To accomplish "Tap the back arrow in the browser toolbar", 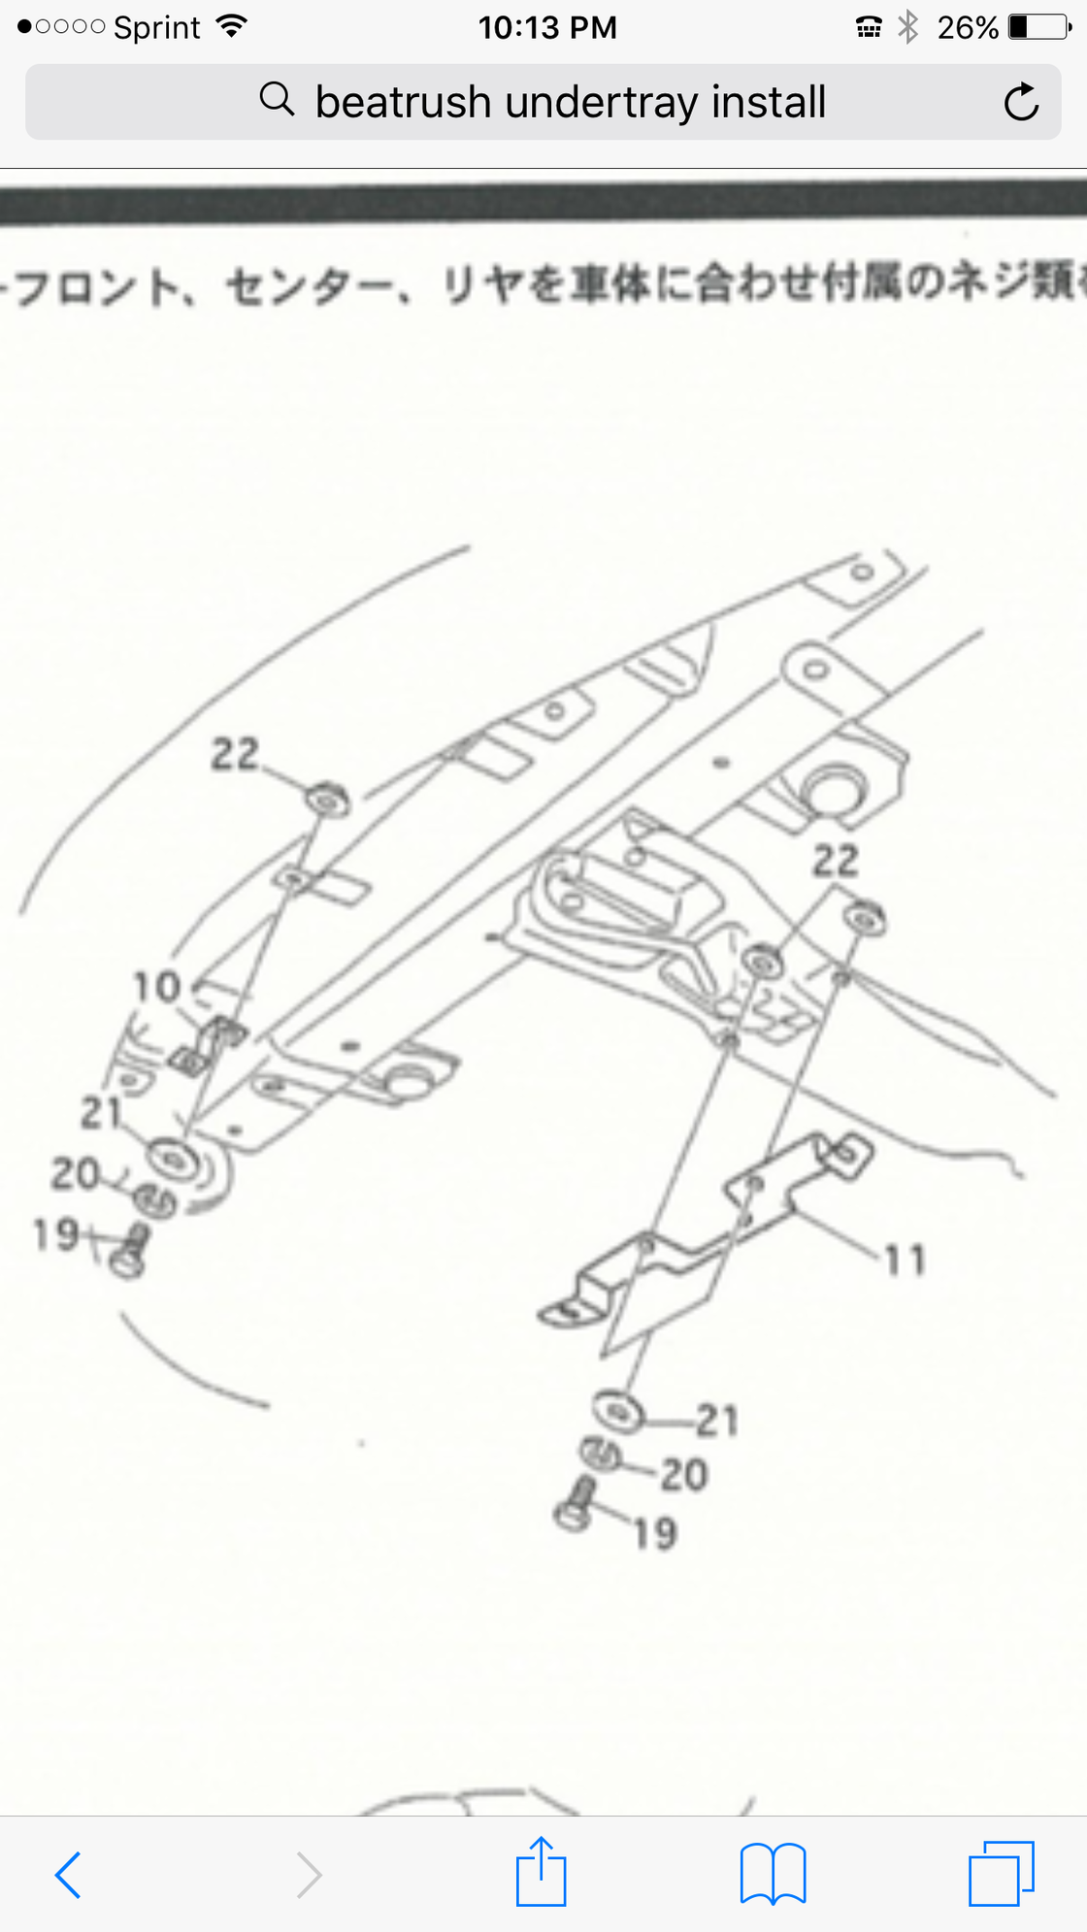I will pyautogui.click(x=68, y=1875).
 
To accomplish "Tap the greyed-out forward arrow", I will pyautogui.click(x=309, y=1875).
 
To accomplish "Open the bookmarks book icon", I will pyautogui.click(x=773, y=1874).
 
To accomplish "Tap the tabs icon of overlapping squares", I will pyautogui.click(x=1001, y=1874).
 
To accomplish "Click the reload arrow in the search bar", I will pyautogui.click(x=1021, y=102).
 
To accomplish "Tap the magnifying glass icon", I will pyautogui.click(x=277, y=99).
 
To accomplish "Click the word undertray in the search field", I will pyautogui.click(x=602, y=103).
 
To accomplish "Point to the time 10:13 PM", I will pyautogui.click(x=547, y=27).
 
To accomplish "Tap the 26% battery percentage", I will pyautogui.click(x=968, y=27).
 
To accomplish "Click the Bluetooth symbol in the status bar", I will pyautogui.click(x=908, y=27).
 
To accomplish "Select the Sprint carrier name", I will pyautogui.click(x=156, y=27).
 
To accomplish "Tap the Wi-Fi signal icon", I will pyautogui.click(x=231, y=26).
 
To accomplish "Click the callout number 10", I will pyautogui.click(x=157, y=988).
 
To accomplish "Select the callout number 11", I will pyautogui.click(x=905, y=1261).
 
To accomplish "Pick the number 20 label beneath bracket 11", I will pyautogui.click(x=684, y=1475).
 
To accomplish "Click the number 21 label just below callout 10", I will pyautogui.click(x=101, y=1114).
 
